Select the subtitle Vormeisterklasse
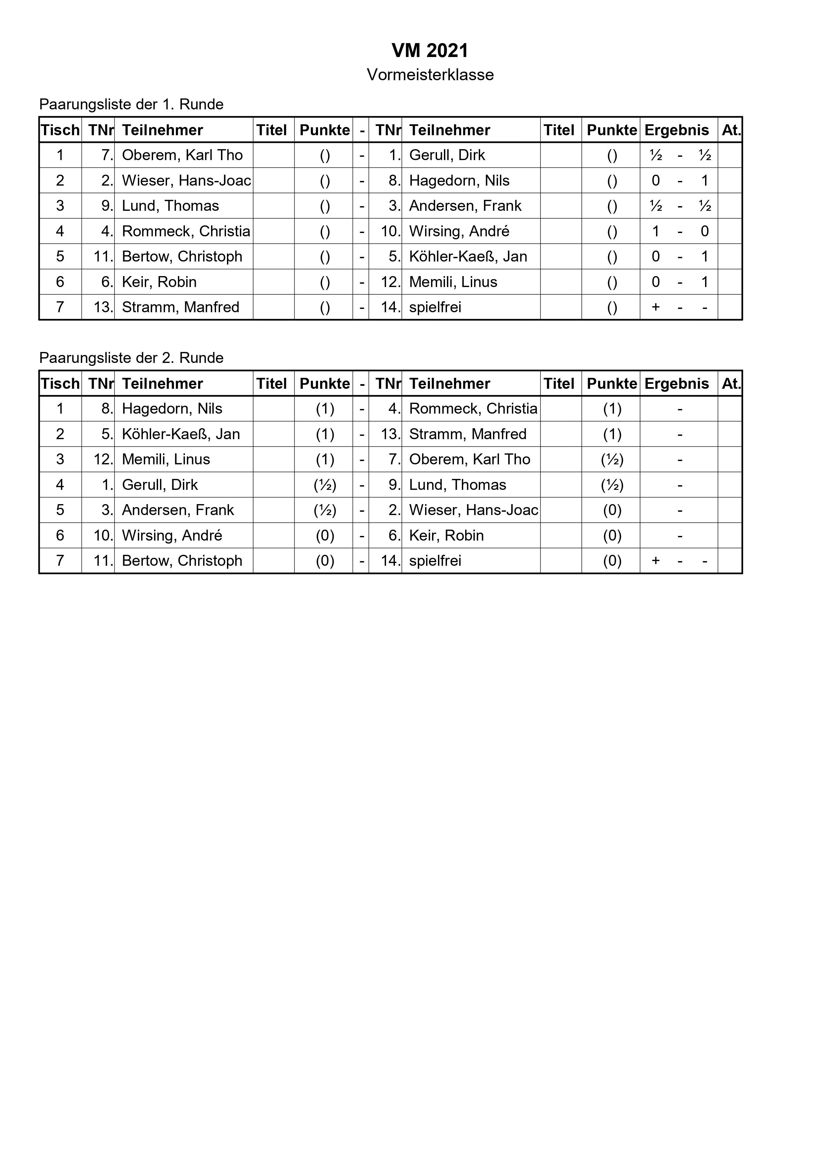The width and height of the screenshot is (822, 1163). tap(430, 75)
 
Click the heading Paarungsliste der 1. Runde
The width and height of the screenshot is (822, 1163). tap(131, 104)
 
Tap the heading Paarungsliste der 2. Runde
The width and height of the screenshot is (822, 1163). tap(131, 358)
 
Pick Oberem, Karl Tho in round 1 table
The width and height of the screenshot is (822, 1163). tap(182, 155)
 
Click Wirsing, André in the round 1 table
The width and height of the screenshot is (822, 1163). tap(459, 231)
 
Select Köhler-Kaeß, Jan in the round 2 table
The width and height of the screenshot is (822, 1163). tap(181, 434)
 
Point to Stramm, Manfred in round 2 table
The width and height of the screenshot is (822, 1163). tap(467, 434)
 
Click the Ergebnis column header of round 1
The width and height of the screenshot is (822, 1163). tap(676, 130)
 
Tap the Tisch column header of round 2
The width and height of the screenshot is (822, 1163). tap(60, 384)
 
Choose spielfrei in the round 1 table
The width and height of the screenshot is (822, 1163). tap(435, 308)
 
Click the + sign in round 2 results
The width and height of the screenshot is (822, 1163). tap(655, 561)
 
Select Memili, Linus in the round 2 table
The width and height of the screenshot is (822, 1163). tap(166, 459)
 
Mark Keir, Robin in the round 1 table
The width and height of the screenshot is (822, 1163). tap(159, 282)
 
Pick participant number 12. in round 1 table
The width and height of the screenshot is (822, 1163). tap(391, 282)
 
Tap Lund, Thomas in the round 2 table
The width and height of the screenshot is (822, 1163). tap(457, 485)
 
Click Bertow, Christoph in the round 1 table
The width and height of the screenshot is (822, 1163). tap(182, 257)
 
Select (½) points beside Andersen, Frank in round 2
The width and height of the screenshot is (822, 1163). tap(325, 510)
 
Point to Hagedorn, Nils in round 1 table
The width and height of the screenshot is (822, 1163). tap(459, 181)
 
